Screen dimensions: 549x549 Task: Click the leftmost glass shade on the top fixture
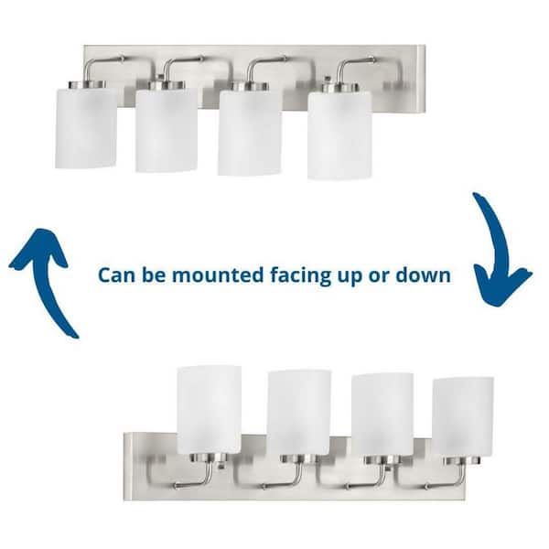[86, 127]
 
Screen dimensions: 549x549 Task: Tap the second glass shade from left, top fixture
[167, 130]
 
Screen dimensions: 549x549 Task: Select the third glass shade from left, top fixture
[249, 134]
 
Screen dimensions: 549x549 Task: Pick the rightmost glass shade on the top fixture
[339, 135]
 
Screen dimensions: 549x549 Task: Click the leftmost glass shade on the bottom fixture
[209, 409]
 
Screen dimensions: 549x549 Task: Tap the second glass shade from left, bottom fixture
[298, 413]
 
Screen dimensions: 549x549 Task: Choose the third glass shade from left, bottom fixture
[382, 414]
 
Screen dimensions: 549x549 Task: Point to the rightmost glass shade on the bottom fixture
[462, 416]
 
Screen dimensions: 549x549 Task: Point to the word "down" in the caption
[421, 274]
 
